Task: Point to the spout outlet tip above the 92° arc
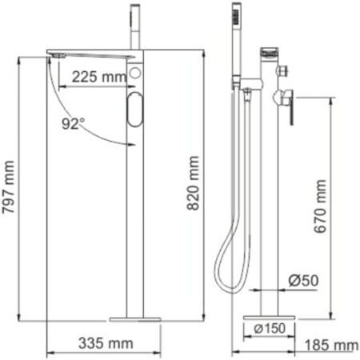coord(54,55)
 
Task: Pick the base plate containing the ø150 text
coord(271,328)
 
